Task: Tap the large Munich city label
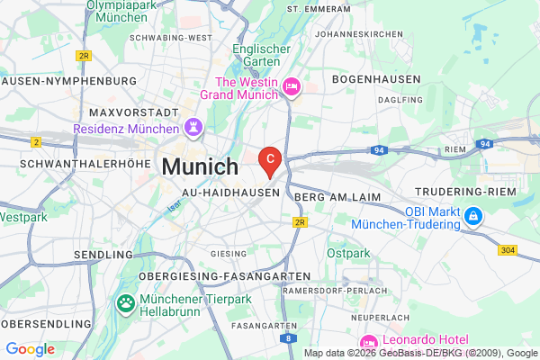(x=200, y=167)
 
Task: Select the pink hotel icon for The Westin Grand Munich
(x=292, y=87)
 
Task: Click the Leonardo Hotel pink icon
(x=367, y=342)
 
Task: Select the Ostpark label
(x=349, y=255)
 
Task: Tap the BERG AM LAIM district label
(x=337, y=196)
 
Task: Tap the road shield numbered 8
(x=286, y=337)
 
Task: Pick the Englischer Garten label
(x=262, y=57)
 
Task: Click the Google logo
(x=31, y=348)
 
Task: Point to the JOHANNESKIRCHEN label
(x=366, y=35)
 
